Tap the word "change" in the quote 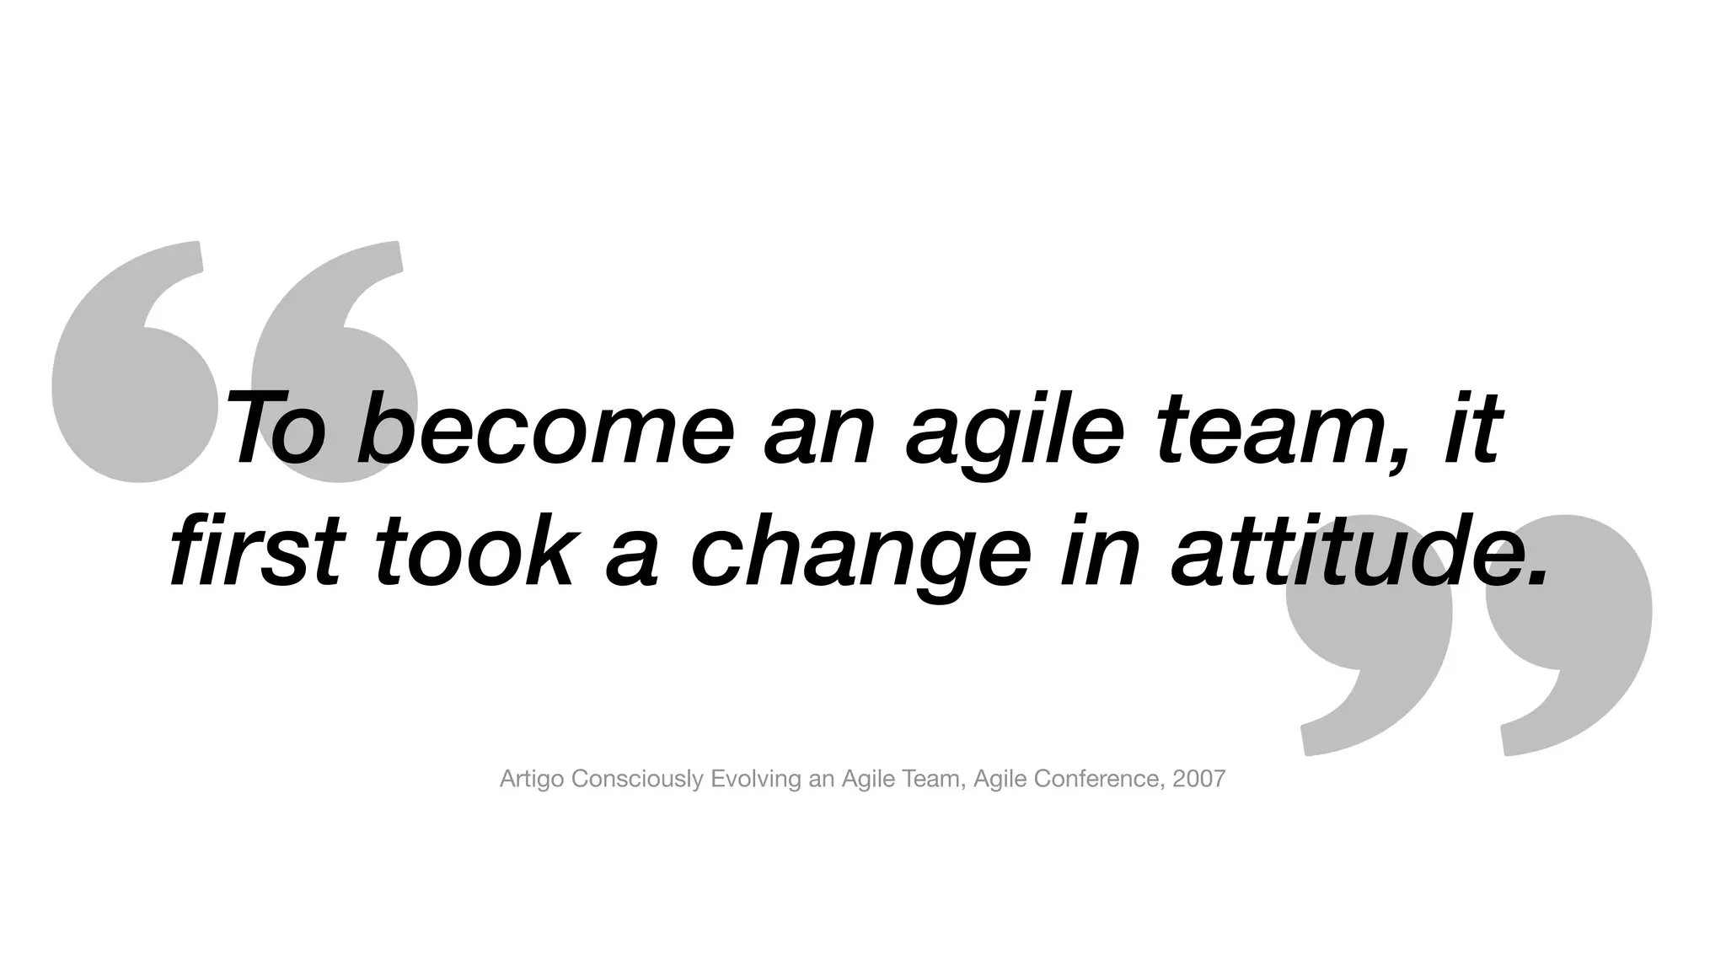click(x=860, y=552)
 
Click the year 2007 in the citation click(x=1199, y=779)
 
